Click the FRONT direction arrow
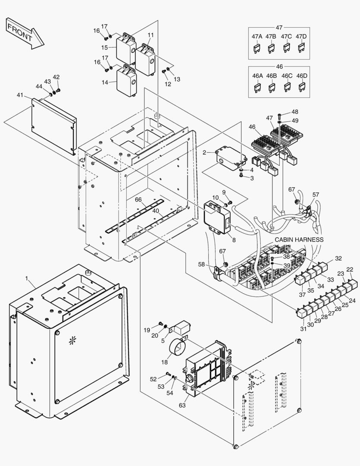pos(25,33)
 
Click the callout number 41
pos(20,95)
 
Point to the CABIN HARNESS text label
pos(299,239)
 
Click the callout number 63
pos(182,405)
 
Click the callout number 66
pos(138,199)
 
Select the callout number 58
pos(201,264)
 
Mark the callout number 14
pos(105,82)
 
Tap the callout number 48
pos(294,111)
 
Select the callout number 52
pos(153,379)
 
